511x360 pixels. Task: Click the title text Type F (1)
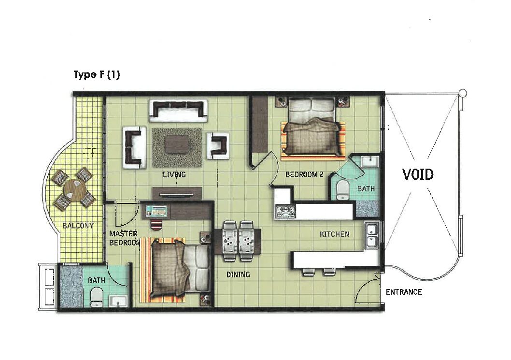(x=97, y=75)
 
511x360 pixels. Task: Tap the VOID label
(x=418, y=174)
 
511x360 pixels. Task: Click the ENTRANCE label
(x=404, y=292)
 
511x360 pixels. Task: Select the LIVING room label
(x=174, y=174)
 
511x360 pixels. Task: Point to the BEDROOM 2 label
(x=304, y=175)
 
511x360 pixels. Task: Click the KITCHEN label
(x=334, y=234)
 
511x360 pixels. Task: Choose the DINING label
(x=238, y=274)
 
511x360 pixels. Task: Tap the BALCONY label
(x=78, y=225)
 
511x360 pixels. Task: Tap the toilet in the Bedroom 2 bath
(x=342, y=189)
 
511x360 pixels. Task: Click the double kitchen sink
(x=372, y=235)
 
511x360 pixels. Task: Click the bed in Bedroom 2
(x=312, y=128)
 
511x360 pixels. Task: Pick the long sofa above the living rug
(x=178, y=111)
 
